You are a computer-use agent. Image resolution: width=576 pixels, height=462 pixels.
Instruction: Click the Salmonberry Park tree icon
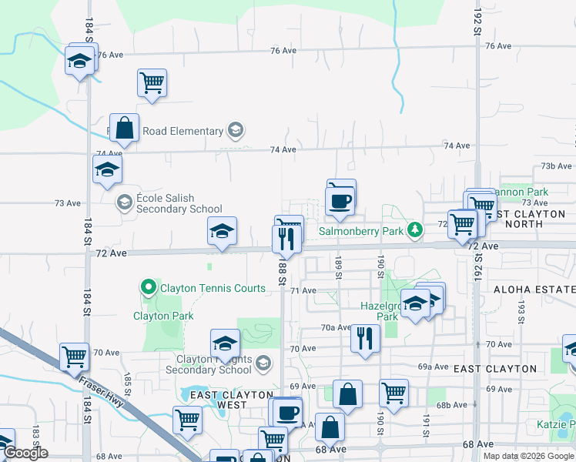click(415, 229)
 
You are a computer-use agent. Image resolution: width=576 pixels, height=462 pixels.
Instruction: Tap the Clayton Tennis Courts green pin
click(149, 289)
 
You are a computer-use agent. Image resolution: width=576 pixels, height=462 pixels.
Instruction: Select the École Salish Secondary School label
click(179, 203)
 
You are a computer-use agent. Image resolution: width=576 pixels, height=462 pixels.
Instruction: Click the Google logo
click(25, 453)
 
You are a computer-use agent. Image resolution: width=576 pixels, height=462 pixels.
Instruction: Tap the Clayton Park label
click(163, 316)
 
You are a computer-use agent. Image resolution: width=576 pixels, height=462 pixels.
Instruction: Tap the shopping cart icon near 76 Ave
click(152, 82)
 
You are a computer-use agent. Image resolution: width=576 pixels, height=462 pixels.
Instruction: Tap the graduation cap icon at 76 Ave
click(79, 59)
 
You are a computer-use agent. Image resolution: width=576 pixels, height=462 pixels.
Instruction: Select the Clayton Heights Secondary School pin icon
click(263, 362)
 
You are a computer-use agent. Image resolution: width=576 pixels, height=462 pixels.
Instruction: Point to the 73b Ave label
click(555, 166)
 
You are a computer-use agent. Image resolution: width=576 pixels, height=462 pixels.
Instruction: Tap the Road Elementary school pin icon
click(236, 131)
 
